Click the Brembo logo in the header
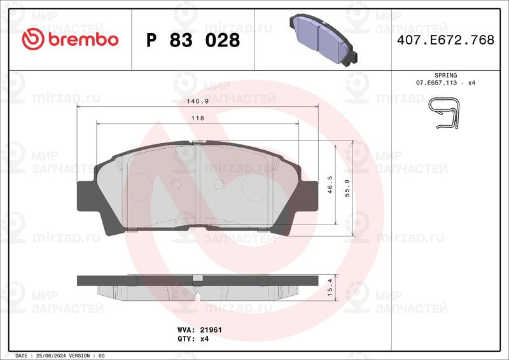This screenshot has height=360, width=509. [x=70, y=39]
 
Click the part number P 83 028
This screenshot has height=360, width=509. [x=193, y=40]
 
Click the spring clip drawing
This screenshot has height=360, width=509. [x=445, y=114]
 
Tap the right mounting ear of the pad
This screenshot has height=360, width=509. [x=307, y=194]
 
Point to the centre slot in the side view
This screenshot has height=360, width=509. [x=198, y=279]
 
